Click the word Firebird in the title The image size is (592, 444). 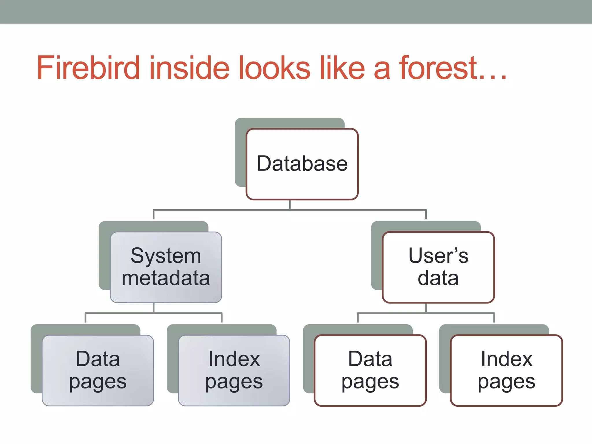[x=88, y=68]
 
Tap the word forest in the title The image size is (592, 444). [x=438, y=68]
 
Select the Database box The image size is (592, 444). [x=302, y=164]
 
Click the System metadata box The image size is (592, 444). [x=166, y=267]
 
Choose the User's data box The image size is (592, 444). [x=438, y=267]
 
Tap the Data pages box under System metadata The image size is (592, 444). [x=98, y=370]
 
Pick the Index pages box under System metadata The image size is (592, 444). [x=234, y=370]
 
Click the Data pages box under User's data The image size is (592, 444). [x=370, y=370]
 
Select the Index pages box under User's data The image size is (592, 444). [x=506, y=370]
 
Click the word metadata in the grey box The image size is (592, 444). [x=166, y=278]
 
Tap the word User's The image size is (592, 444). [x=438, y=256]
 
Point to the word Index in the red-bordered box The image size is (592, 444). [x=506, y=359]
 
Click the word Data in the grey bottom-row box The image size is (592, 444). [x=98, y=359]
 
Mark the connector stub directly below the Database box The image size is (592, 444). [x=290, y=205]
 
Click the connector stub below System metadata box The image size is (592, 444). [x=153, y=308]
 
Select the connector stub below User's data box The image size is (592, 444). [x=426, y=308]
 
